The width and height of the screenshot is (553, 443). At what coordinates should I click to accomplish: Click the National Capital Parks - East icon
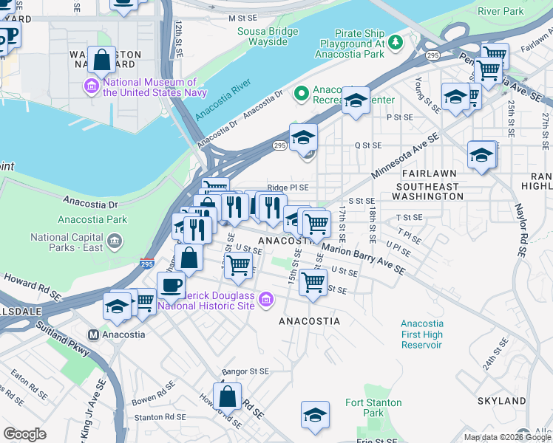coord(115,241)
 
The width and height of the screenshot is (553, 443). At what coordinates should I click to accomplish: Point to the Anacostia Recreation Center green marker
coord(301,93)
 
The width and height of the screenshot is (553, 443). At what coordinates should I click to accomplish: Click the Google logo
coord(25,434)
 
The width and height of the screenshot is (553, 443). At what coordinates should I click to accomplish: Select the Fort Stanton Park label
coord(374,408)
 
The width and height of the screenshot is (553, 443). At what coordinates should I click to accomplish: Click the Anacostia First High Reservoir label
coord(432,334)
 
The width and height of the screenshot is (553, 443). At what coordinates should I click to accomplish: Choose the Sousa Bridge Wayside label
coord(268,36)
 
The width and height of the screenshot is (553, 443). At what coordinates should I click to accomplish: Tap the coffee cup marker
coord(171,285)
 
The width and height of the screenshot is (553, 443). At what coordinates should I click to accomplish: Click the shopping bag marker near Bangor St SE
coord(228,395)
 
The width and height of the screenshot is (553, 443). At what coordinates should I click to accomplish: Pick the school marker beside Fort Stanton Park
coord(315,414)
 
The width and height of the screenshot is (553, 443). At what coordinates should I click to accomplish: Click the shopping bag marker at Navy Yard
coord(101,60)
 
